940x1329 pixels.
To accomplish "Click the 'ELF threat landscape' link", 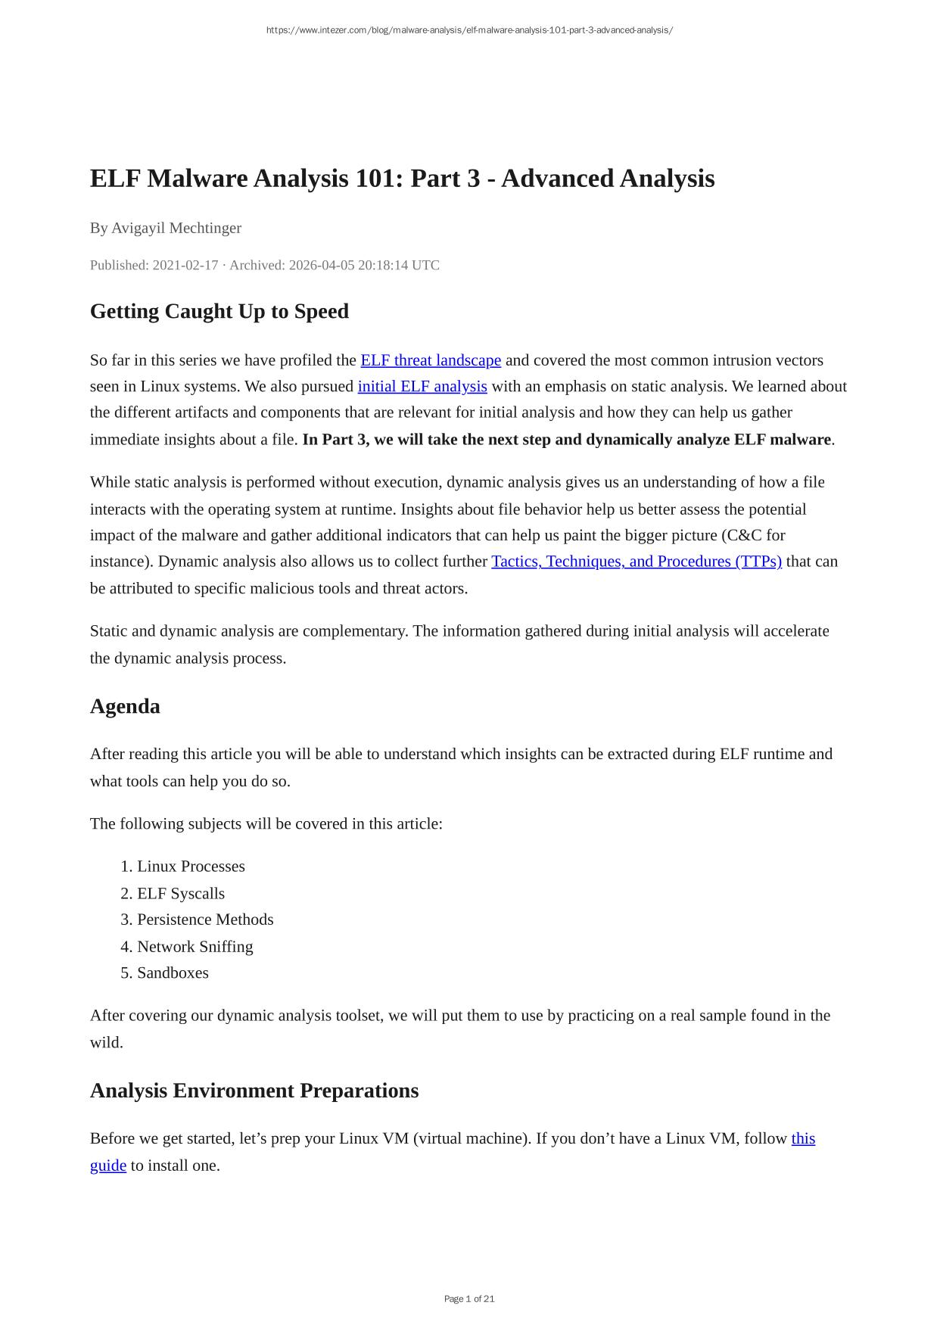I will coord(431,360).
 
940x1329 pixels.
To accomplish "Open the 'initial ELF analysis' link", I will coord(422,387).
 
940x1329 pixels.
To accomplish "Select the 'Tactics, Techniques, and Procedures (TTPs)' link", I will coord(637,562).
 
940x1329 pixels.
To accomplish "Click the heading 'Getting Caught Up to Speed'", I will coord(219,311).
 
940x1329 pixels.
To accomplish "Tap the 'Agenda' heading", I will coord(125,706).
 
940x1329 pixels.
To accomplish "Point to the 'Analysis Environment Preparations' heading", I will coord(254,1091).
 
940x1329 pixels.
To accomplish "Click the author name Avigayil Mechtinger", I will coord(176,228).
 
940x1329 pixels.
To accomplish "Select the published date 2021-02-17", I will coord(185,265).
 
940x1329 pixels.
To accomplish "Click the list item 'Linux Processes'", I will coord(191,867).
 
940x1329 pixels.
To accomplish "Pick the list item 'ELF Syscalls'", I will coord(181,894).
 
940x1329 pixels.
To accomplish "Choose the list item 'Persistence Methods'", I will coord(205,920).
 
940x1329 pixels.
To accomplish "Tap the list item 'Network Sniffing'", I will coord(195,947).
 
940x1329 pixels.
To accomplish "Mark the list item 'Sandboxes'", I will coord(173,973).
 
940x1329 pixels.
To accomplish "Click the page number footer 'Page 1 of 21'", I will coord(469,1299).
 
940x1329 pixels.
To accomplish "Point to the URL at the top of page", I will coord(469,30).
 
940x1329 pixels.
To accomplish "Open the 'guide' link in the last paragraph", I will coord(108,1166).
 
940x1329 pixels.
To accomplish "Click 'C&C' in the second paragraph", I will coord(742,535).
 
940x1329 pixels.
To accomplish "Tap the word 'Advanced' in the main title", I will coord(557,179).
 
